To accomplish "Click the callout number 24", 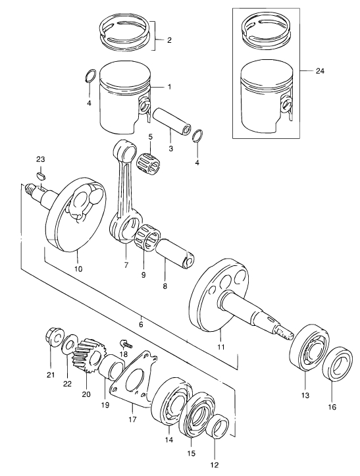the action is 320,71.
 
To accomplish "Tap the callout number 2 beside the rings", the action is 169,40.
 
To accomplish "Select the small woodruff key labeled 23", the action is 41,176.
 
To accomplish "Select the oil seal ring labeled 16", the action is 338,363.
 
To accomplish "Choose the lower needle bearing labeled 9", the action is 149,239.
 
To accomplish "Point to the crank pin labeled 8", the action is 176,253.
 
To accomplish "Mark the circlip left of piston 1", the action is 90,76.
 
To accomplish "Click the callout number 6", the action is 141,324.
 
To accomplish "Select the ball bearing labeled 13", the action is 309,347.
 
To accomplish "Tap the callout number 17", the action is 132,419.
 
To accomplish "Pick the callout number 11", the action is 221,347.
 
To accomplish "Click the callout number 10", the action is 78,269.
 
